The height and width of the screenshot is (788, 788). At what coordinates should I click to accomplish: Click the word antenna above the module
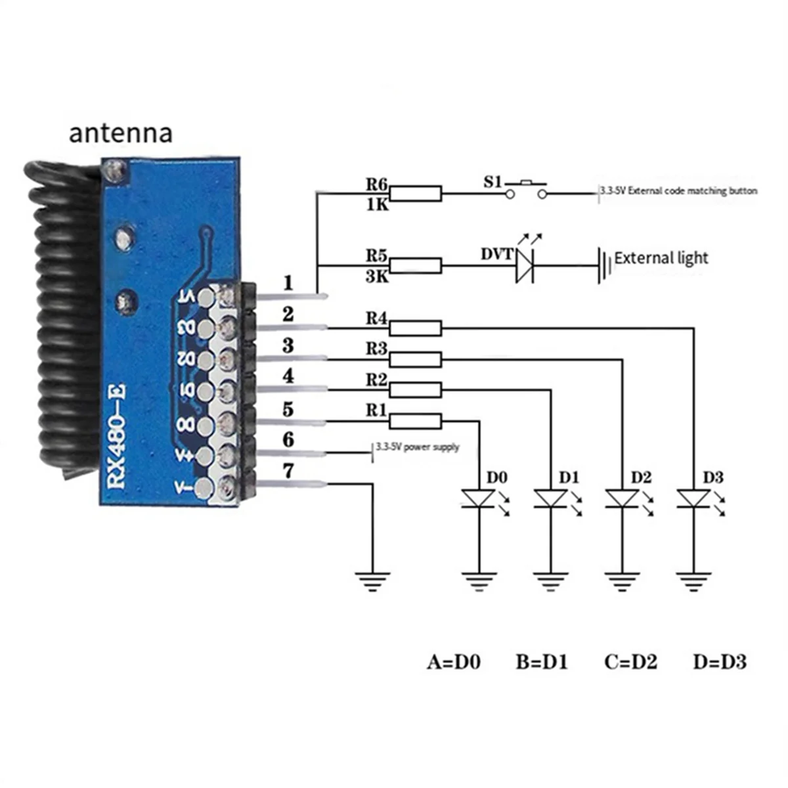click(x=121, y=133)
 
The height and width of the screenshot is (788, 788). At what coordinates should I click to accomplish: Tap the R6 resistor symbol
click(x=416, y=193)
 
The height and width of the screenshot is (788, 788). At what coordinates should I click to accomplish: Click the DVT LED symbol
click(x=523, y=266)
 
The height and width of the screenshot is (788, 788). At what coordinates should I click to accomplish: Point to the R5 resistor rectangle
click(x=416, y=266)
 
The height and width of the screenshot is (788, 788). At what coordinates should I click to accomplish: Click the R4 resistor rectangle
click(x=416, y=327)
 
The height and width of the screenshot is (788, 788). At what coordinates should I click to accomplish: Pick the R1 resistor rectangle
click(x=416, y=421)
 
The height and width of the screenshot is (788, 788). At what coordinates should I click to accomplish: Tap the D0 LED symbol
click(x=479, y=498)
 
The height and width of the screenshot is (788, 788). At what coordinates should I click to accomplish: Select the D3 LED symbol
click(x=693, y=498)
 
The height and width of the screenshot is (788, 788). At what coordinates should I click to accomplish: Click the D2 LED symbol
click(x=622, y=498)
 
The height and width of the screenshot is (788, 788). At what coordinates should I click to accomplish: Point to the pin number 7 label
click(x=288, y=471)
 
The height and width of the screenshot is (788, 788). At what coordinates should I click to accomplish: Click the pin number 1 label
click(x=288, y=284)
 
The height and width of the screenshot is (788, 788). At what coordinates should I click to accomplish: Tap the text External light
click(x=661, y=258)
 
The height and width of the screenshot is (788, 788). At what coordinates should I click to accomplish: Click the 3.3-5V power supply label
click(x=418, y=448)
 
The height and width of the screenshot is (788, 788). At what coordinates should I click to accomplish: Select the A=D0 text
click(x=454, y=662)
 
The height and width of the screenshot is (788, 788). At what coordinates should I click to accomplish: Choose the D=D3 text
click(x=720, y=662)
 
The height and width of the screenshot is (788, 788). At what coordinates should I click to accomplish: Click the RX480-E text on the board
click(x=118, y=436)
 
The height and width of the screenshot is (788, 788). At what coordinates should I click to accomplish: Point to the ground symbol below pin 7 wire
click(x=372, y=580)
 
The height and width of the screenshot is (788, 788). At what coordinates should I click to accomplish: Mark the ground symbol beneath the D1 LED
click(x=550, y=580)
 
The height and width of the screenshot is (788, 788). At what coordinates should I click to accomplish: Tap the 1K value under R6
click(x=377, y=206)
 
